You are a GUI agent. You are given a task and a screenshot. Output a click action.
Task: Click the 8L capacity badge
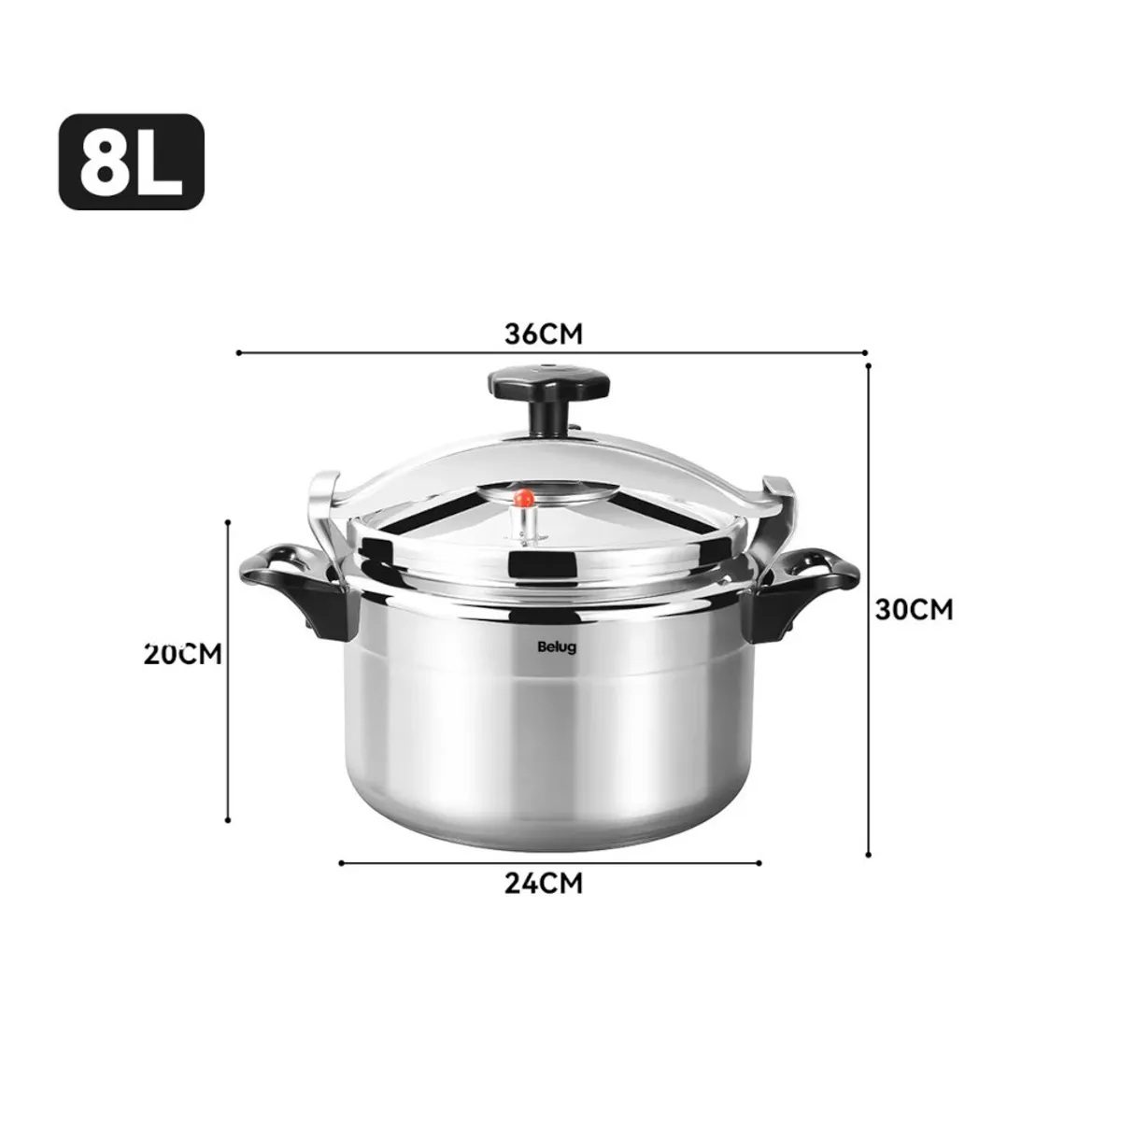click(131, 162)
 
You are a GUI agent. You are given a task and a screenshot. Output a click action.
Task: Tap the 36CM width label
click(543, 333)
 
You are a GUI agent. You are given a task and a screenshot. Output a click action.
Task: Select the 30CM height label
click(914, 609)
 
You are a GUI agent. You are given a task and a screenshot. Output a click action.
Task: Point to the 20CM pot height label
click(183, 653)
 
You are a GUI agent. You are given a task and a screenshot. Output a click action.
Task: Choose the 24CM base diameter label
click(543, 882)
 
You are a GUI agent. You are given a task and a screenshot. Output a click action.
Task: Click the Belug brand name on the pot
click(557, 646)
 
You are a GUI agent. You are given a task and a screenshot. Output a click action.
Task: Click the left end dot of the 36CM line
click(240, 353)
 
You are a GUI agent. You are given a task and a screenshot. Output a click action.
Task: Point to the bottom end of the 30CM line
click(869, 854)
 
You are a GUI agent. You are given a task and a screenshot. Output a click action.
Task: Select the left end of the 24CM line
click(341, 863)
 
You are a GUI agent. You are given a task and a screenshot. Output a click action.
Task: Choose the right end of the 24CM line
click(759, 863)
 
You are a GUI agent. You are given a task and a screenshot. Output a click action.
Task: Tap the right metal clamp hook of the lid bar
click(775, 504)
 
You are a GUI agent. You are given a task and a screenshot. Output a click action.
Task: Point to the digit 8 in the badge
click(101, 163)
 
